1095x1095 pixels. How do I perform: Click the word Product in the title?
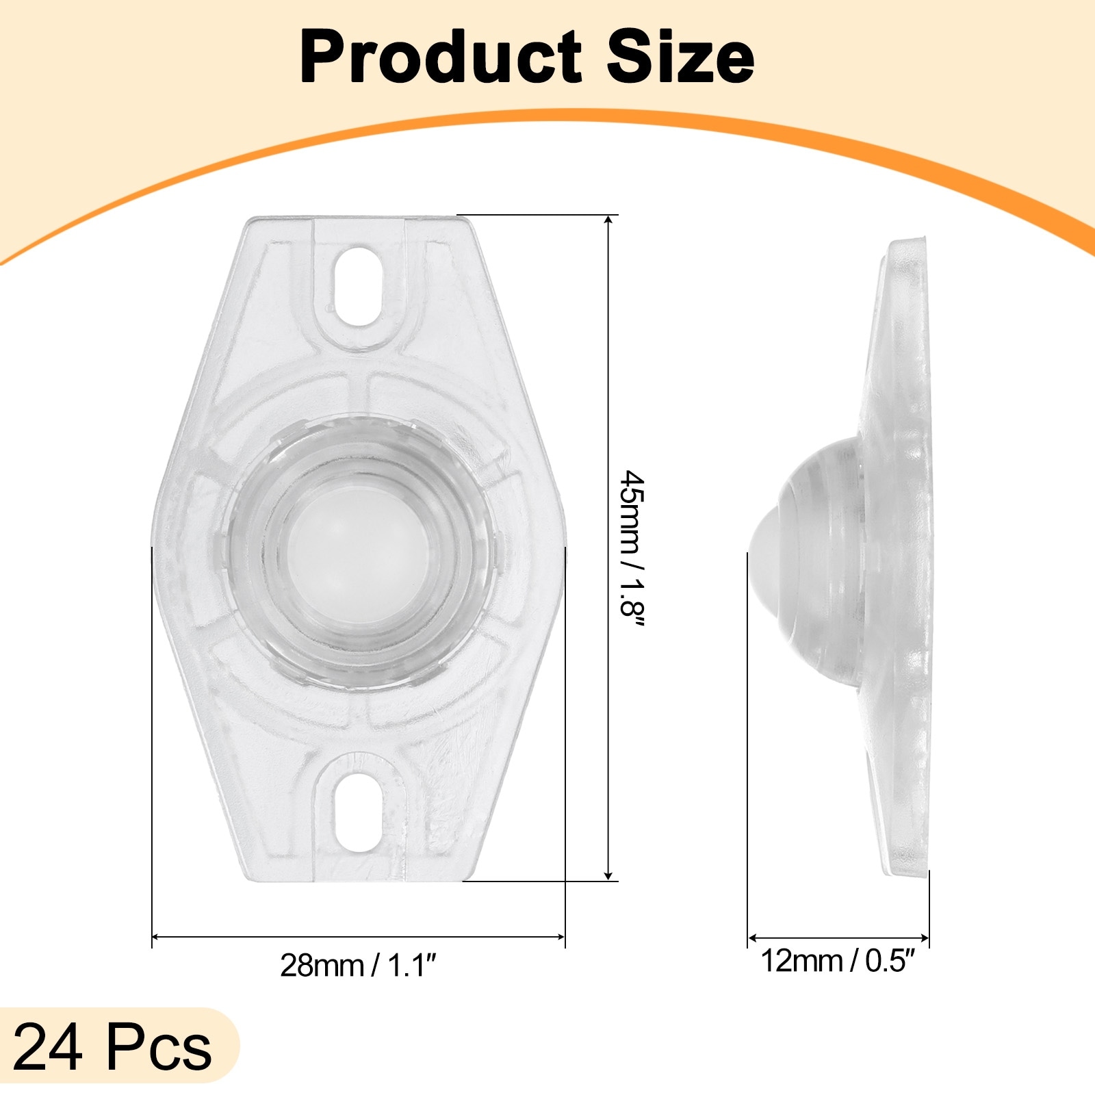[x=441, y=57]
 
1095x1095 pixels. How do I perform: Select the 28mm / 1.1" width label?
[x=358, y=965]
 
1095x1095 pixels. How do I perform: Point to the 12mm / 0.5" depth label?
[x=838, y=961]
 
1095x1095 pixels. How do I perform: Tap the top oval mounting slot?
[x=359, y=285]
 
